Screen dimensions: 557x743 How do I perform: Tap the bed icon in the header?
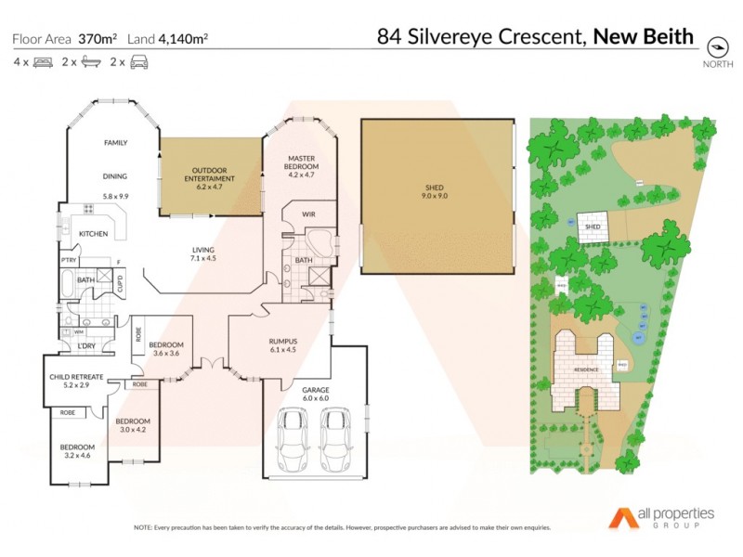point(42,62)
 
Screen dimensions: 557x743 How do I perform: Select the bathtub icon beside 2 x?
point(91,62)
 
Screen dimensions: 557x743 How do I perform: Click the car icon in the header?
point(138,62)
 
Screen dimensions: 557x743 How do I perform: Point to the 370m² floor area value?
point(98,39)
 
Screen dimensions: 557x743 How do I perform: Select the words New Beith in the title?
point(644,36)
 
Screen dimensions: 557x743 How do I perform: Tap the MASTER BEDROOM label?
point(303,162)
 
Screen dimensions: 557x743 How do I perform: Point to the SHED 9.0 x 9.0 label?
point(436,190)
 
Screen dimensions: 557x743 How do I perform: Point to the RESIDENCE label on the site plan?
point(585,369)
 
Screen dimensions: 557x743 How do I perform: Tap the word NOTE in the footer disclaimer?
point(143,527)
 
